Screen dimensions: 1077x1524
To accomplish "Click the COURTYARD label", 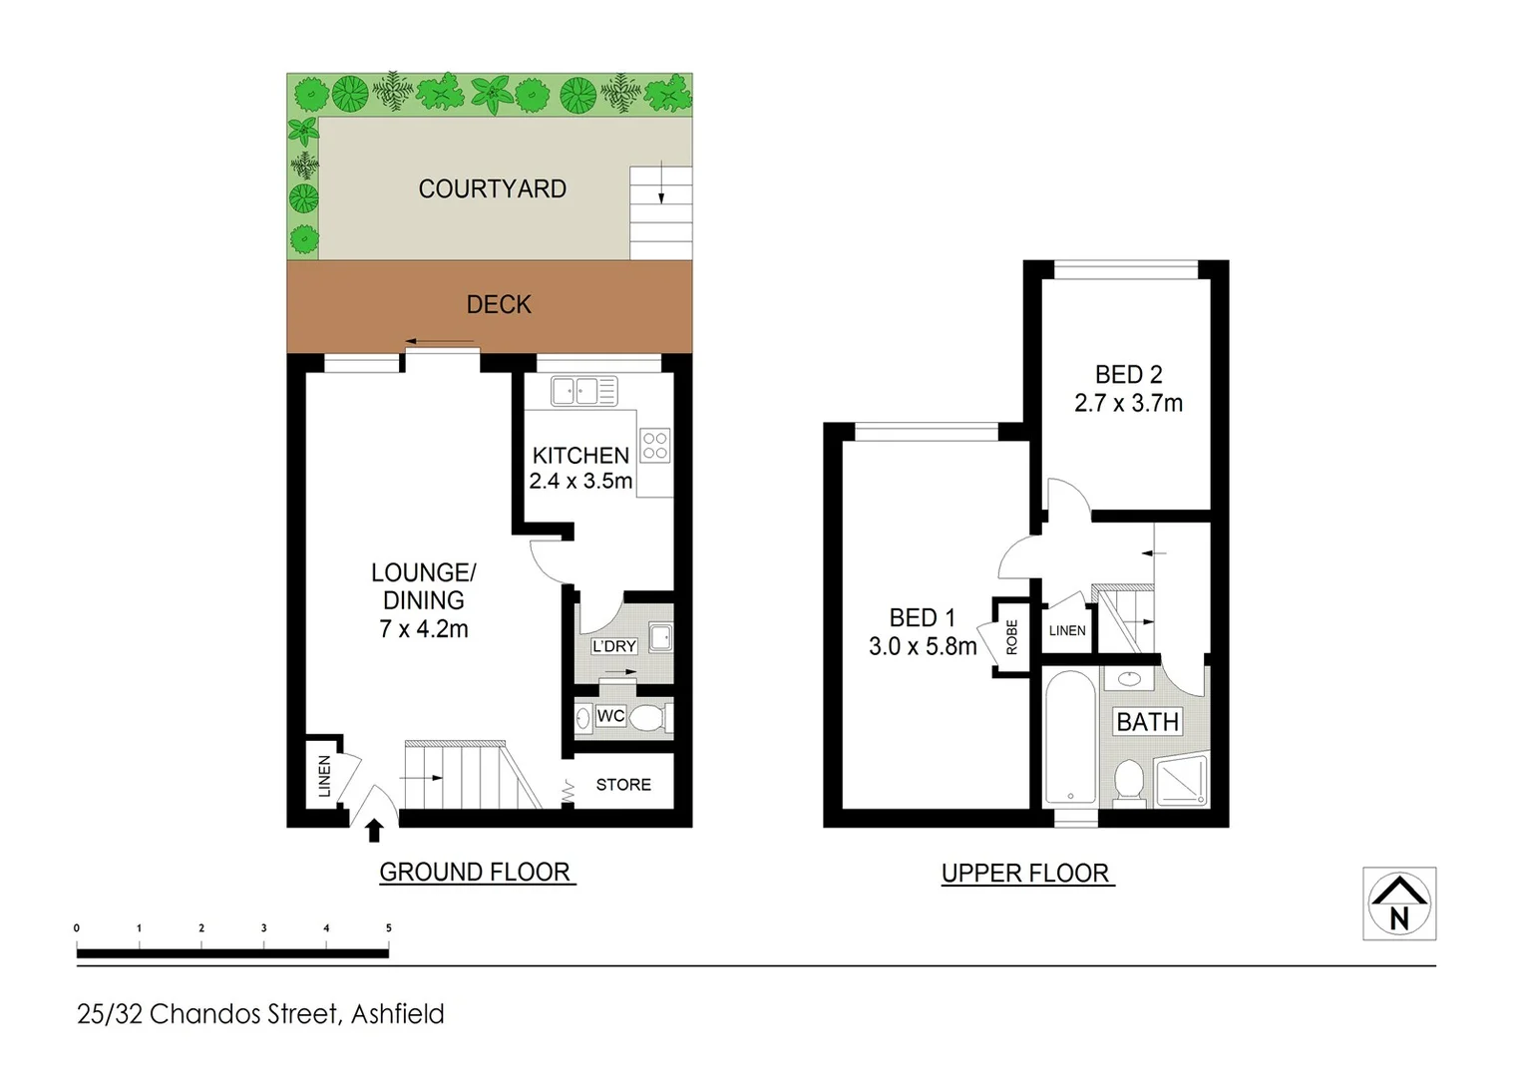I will [x=492, y=188].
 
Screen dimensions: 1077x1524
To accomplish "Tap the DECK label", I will [x=499, y=304].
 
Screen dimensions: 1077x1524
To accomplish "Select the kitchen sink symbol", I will [x=584, y=391].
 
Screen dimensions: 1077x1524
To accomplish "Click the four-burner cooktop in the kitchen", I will [x=655, y=445].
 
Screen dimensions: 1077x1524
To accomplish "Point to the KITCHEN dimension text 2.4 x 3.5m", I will [x=580, y=481].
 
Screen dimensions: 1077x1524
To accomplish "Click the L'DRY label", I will [x=613, y=646].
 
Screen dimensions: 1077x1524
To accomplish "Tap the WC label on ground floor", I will [x=610, y=716].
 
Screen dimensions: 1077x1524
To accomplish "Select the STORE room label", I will [x=623, y=785].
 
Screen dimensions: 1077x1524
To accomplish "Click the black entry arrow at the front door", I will [x=375, y=830].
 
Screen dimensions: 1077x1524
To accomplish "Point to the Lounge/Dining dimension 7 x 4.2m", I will [x=424, y=629].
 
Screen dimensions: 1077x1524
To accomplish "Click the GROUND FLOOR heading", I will [x=475, y=872].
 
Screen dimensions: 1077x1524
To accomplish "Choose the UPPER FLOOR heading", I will [x=1025, y=874].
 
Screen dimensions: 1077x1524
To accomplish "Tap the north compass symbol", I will [x=1399, y=903].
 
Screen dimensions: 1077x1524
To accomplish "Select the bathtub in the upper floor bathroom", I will [x=1070, y=738].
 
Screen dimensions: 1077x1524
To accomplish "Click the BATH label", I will [x=1147, y=721].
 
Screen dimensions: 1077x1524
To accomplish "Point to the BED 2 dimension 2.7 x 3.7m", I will [x=1128, y=403].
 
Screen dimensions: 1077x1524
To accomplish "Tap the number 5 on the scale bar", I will [x=388, y=928].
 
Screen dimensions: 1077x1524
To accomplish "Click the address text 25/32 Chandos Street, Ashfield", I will [x=260, y=1014].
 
